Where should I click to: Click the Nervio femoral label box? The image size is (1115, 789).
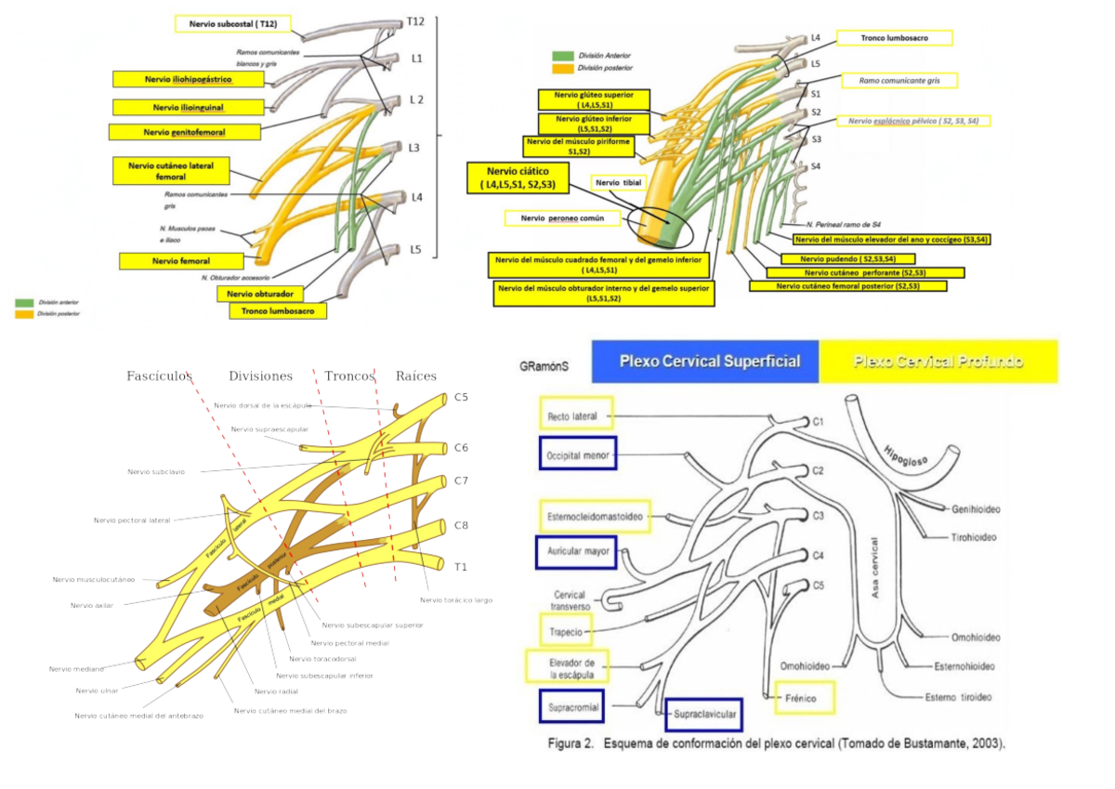coord(181,261)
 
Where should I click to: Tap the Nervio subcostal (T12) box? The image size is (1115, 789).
coord(233,24)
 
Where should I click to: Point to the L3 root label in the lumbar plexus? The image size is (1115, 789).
coord(413,149)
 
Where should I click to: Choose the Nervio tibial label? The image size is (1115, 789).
coord(619,183)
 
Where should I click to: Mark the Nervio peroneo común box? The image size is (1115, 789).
coord(563,218)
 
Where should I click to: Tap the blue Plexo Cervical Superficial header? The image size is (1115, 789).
coord(710,362)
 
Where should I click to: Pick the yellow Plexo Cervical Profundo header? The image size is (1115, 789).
coord(938,362)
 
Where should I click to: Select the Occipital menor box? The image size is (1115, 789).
coord(577,454)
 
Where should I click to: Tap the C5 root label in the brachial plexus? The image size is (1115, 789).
coord(461,398)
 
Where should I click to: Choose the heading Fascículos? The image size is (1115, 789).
coord(159,376)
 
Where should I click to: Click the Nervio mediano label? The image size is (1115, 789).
coord(76,668)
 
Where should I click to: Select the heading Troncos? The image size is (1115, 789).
coord(348,376)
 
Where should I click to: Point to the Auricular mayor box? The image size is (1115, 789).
coord(577,551)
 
